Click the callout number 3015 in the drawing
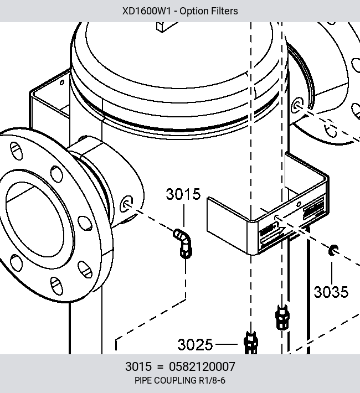click(183, 194)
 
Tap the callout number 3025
click(195, 344)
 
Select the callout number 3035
click(331, 292)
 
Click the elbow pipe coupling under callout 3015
click(183, 243)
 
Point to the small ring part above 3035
click(333, 250)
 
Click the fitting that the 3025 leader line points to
click(251, 343)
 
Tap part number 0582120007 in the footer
click(202, 366)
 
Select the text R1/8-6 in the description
click(212, 380)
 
